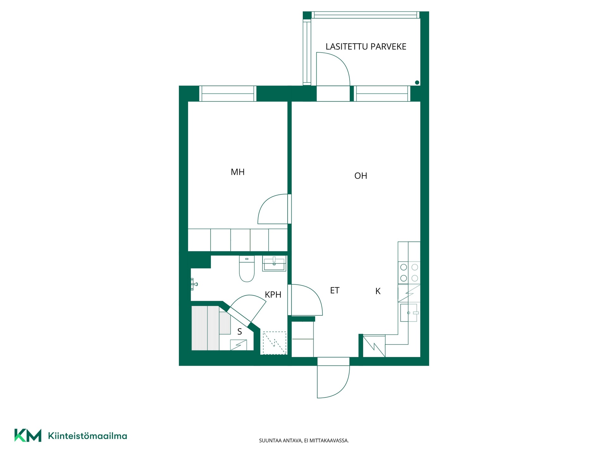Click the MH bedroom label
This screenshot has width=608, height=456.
point(237,172)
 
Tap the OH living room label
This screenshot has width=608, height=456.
point(361,176)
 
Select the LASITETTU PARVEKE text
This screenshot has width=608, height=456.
point(366,47)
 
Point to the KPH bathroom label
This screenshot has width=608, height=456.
point(273,294)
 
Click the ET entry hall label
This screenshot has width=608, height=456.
point(335,290)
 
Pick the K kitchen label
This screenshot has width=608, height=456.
point(378,291)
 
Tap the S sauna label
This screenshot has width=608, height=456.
point(240,332)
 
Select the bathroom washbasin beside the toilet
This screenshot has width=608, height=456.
point(274,263)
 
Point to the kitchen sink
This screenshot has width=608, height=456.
point(409,313)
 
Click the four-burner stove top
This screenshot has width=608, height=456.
point(409,273)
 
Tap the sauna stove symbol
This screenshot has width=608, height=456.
point(238,345)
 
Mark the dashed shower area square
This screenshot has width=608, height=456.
point(274,343)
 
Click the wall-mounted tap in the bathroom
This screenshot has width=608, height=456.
point(194,284)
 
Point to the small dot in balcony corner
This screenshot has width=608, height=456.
point(417,83)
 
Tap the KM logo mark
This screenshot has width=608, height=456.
point(28,435)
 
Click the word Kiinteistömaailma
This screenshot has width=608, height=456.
point(87,436)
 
